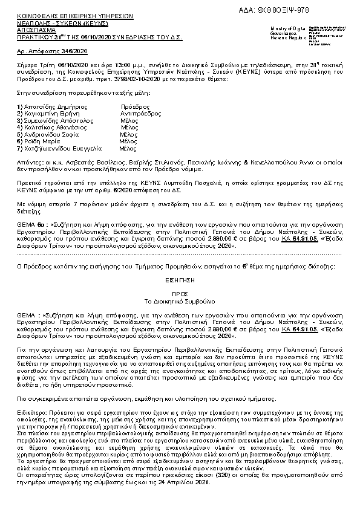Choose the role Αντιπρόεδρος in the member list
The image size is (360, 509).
click(x=140, y=113)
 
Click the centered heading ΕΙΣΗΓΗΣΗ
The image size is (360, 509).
click(x=180, y=281)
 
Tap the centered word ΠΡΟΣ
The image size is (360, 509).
click(x=180, y=293)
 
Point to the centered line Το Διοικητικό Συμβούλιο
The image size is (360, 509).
click(x=180, y=300)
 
